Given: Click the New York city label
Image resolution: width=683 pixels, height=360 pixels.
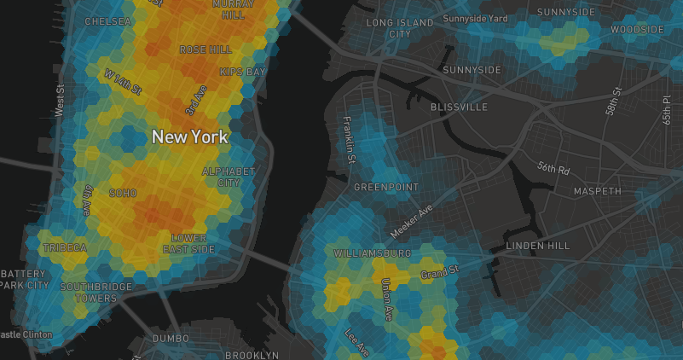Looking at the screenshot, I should pos(189,136).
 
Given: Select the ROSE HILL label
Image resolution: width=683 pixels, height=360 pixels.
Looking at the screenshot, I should pos(205,50).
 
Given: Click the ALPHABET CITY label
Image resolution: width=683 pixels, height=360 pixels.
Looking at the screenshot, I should pos(228,177).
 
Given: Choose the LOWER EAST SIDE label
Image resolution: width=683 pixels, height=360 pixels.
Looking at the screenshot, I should pos(189,243).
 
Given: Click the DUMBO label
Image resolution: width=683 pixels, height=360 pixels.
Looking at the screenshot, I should pos(171,339).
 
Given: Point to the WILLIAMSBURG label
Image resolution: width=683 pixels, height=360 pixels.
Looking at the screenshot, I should pos(373,254).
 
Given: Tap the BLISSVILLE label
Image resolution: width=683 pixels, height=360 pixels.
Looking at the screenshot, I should pos(459,107).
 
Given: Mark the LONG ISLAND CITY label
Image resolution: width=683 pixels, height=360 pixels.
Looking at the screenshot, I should pos(399,28).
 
